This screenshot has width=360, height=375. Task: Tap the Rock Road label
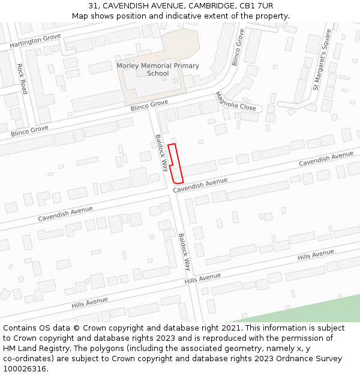point(22,79)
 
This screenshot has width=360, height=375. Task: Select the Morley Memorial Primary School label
point(158,70)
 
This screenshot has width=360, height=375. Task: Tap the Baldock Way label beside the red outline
point(161,152)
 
